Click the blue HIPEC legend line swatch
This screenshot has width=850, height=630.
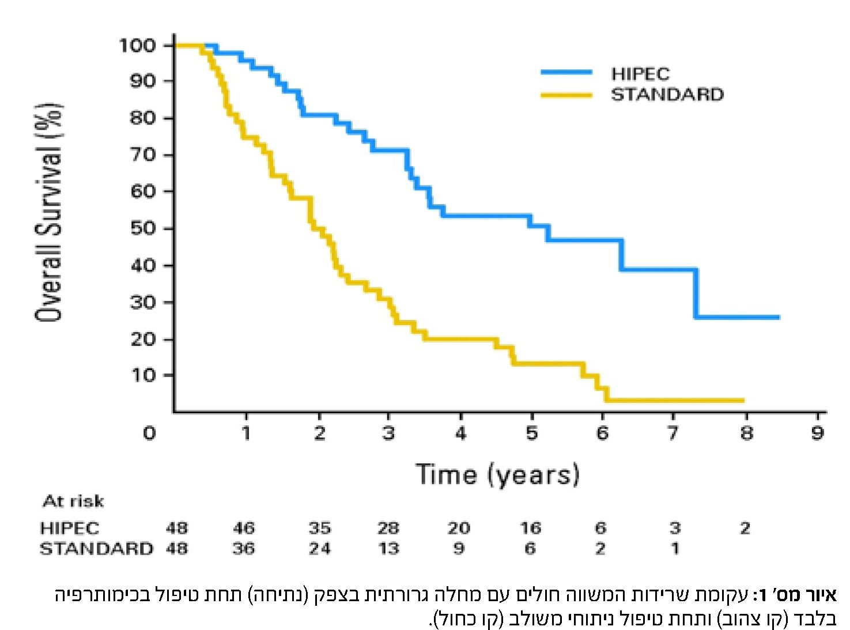tap(566, 72)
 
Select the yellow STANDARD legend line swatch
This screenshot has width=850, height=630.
tap(566, 95)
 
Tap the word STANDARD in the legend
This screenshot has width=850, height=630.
tap(667, 95)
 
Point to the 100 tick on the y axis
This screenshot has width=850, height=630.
tap(137, 45)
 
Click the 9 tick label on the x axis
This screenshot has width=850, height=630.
tap(817, 433)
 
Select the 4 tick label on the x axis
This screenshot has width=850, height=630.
tap(460, 433)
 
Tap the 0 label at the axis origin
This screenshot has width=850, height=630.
tap(149, 433)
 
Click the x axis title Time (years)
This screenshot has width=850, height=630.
tap(497, 474)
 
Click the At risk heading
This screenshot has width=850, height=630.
tap(73, 501)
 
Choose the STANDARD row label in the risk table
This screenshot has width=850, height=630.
tap(96, 548)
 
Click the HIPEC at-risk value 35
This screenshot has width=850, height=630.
tap(319, 528)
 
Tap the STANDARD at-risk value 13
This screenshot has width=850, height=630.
tap(388, 548)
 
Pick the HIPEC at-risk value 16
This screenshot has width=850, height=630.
tap(530, 528)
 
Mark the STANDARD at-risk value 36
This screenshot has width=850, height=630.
tap(244, 548)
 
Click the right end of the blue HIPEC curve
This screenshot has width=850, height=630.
tap(778, 317)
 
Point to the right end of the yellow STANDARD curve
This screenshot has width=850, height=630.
tap(743, 400)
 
